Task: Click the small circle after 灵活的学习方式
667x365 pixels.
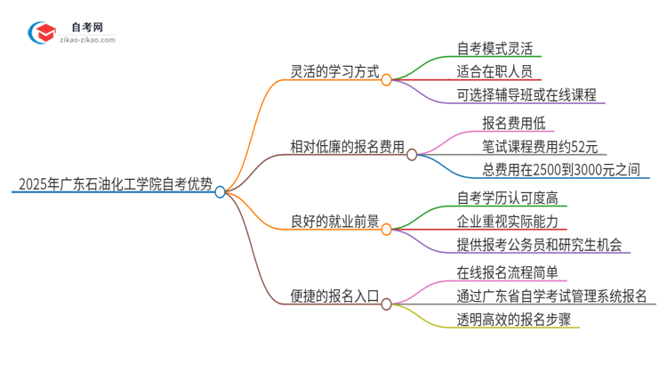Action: (x=386, y=79)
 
